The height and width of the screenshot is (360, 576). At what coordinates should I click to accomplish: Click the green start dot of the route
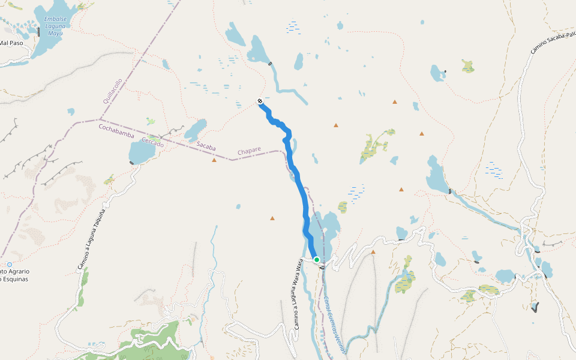[316, 260]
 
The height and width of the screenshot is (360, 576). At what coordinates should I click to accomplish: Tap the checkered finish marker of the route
[259, 101]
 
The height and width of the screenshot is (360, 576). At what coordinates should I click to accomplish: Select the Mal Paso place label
[11, 43]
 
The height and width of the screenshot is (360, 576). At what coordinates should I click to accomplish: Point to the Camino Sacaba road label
[553, 40]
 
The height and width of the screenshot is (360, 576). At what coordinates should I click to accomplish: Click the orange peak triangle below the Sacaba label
[214, 160]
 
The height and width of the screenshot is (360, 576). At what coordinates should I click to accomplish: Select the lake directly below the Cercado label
[141, 154]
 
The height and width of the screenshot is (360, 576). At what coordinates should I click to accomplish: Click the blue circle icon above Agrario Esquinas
[10, 264]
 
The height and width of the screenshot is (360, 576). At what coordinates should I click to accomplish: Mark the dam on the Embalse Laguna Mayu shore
[39, 31]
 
